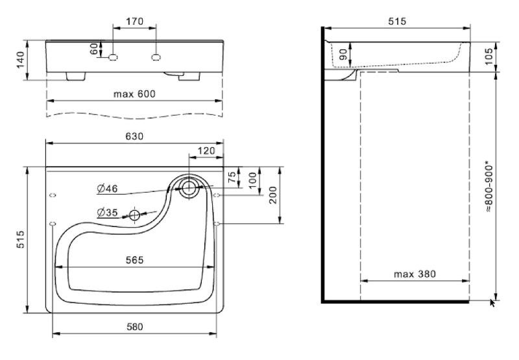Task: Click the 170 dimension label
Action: (135, 21)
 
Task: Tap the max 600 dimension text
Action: (135, 94)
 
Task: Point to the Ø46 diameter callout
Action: (107, 188)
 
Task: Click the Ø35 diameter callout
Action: (107, 212)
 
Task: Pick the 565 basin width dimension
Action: (134, 259)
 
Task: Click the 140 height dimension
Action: (19, 60)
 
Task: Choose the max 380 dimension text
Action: (415, 274)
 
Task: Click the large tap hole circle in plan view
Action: (189, 188)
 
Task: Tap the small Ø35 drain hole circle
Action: (135, 215)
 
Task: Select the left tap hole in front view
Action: (114, 58)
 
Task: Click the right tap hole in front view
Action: (156, 58)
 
